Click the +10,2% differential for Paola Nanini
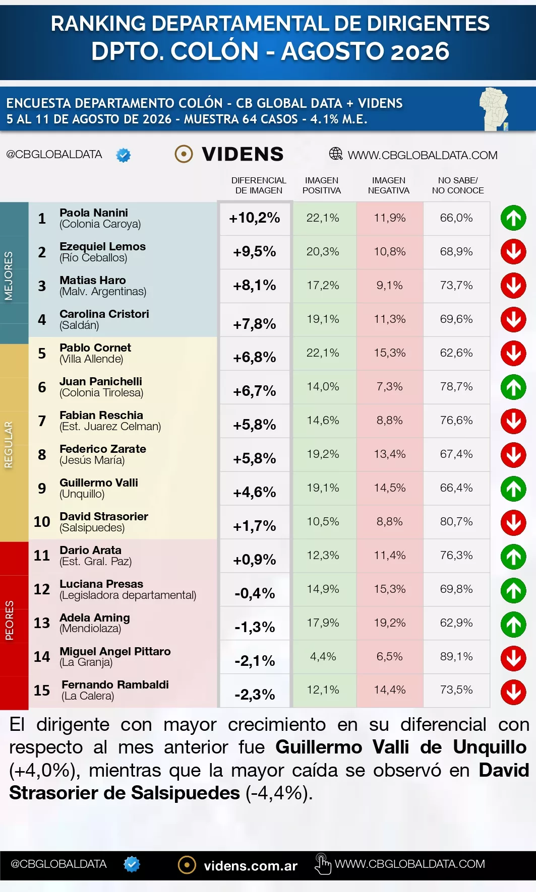(255, 218)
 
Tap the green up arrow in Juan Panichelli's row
(513, 387)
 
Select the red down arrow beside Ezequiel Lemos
(513, 252)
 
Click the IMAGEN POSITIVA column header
(322, 185)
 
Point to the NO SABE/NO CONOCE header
(458, 185)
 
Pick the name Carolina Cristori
(104, 314)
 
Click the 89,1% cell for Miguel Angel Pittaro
(456, 656)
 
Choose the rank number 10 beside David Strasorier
(42, 521)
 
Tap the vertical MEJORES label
(9, 276)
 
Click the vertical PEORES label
(9, 621)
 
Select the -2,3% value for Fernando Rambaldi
(255, 695)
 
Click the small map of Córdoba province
(494, 109)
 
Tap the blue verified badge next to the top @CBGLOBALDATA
(123, 155)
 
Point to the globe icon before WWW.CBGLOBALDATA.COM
(336, 154)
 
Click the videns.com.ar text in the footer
(251, 866)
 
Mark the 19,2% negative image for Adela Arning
(390, 623)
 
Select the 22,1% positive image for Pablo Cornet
(323, 353)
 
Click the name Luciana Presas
(101, 584)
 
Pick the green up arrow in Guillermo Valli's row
(513, 489)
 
